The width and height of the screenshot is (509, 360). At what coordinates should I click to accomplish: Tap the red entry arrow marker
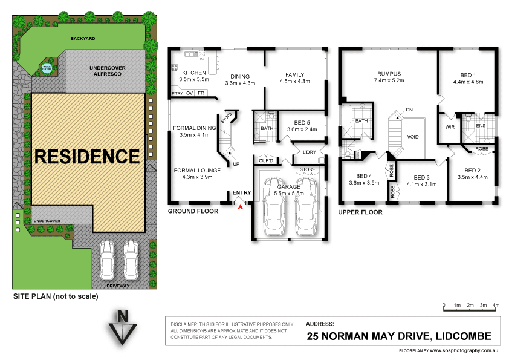pyautogui.click(x=241, y=206)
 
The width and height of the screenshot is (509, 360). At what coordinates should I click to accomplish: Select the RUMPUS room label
pyautogui.click(x=389, y=74)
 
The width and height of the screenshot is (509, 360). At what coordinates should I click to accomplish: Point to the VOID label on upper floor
pyautogui.click(x=413, y=137)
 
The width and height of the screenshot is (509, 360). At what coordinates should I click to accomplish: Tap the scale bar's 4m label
pyautogui.click(x=496, y=306)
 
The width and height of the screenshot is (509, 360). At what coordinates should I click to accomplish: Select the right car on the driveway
pyautogui.click(x=131, y=259)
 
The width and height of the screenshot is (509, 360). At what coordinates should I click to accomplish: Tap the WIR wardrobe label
pyautogui.click(x=449, y=127)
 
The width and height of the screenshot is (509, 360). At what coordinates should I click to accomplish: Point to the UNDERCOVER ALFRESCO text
pyautogui.click(x=106, y=70)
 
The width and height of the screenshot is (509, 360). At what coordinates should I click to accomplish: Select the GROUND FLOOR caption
pyautogui.click(x=193, y=211)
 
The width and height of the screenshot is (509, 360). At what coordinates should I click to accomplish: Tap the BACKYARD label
pyautogui.click(x=83, y=38)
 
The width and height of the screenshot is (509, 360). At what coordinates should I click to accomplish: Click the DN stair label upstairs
pyautogui.click(x=409, y=110)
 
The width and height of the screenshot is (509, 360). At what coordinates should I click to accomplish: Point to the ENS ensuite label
pyautogui.click(x=481, y=126)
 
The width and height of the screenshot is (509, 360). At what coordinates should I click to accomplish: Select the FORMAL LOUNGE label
pyautogui.click(x=196, y=170)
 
